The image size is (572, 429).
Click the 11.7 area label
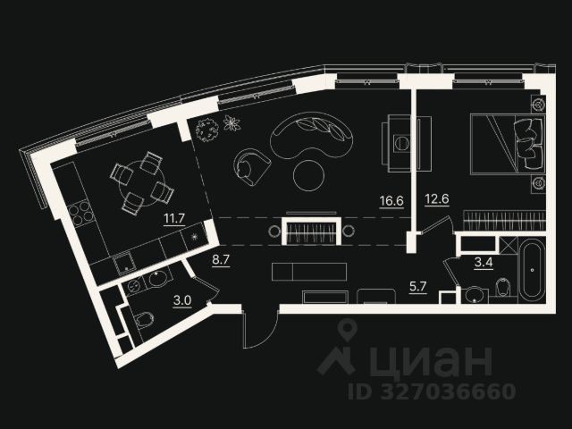click(x=173, y=216)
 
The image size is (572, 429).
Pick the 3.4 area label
click(x=484, y=264)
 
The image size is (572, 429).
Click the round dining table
click(x=141, y=183)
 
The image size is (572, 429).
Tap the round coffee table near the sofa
click(x=312, y=174)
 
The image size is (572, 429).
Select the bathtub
click(x=530, y=271)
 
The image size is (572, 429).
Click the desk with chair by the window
click(x=398, y=140)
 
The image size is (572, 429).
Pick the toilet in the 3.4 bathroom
click(x=501, y=288)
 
